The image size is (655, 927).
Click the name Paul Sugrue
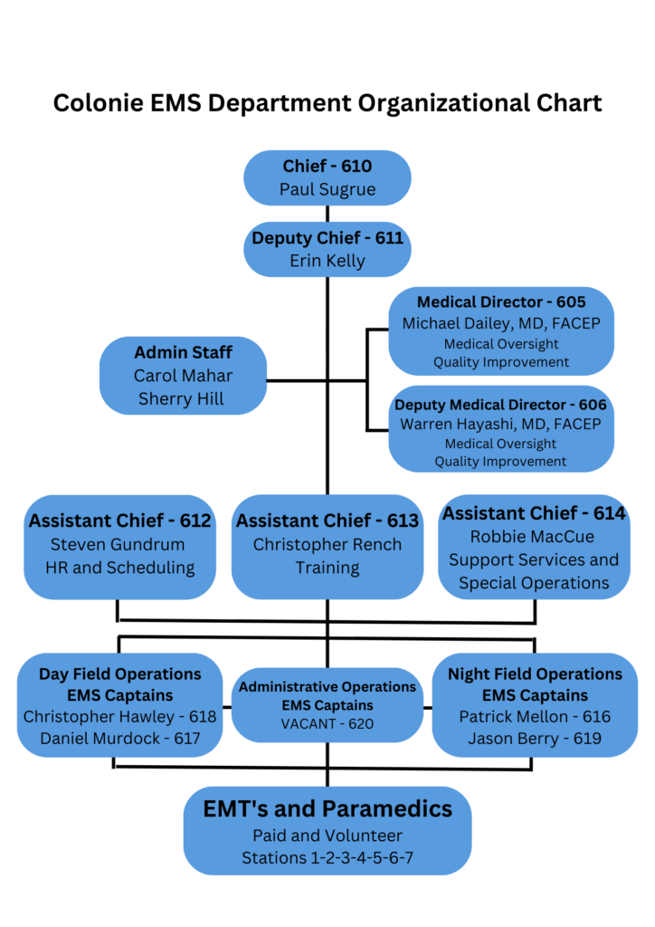pyautogui.click(x=327, y=190)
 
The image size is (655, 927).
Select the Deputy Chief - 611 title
pyautogui.click(x=327, y=238)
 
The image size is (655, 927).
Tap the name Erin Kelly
pyautogui.click(x=327, y=261)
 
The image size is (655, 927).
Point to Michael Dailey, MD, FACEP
pyautogui.click(x=501, y=323)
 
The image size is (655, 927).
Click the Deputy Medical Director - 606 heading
pyautogui.click(x=501, y=405)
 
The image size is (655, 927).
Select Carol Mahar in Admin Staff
pyautogui.click(x=184, y=376)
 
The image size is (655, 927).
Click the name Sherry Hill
pyautogui.click(x=182, y=399)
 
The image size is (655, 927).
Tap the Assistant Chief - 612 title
pyautogui.click(x=119, y=521)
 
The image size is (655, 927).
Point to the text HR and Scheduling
pyautogui.click(x=120, y=568)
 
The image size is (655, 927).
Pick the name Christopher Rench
pyautogui.click(x=327, y=544)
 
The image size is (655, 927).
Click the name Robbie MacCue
pyautogui.click(x=534, y=537)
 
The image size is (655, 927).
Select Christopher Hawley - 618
pyautogui.click(x=120, y=717)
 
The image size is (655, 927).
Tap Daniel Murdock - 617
pyautogui.click(x=120, y=739)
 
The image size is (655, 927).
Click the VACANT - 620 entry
pyautogui.click(x=327, y=723)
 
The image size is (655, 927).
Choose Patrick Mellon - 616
pyautogui.click(x=535, y=717)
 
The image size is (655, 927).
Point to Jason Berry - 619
pyautogui.click(x=535, y=739)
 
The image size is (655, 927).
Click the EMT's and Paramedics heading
pyautogui.click(x=327, y=808)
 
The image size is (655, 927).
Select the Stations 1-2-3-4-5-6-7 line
pyautogui.click(x=327, y=857)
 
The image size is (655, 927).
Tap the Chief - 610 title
pyautogui.click(x=327, y=166)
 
